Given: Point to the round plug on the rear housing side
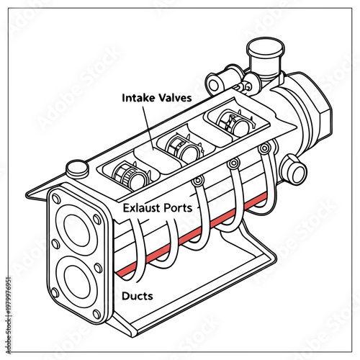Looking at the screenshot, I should pyautogui.click(x=292, y=171).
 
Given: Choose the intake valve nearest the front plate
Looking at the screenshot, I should pyautogui.click(x=132, y=174).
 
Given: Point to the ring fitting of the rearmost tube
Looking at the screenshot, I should pyautogui.click(x=265, y=148).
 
